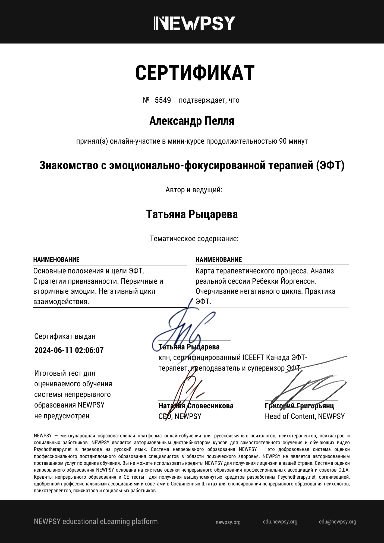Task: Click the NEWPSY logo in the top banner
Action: (195, 23)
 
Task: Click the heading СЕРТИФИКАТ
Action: (195, 73)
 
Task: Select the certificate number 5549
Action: (163, 100)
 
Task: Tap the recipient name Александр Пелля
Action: (192, 121)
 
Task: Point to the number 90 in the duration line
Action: (283, 141)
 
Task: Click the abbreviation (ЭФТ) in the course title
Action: (330, 165)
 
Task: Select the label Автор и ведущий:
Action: (194, 190)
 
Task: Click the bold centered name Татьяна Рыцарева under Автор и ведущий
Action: (192, 214)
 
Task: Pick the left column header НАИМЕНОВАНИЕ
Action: (56, 260)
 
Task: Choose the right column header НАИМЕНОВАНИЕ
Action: (219, 260)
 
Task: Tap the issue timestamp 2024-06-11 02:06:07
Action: (69, 350)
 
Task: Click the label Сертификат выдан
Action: (65, 336)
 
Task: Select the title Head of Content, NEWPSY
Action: (305, 416)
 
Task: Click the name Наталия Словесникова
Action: (196, 406)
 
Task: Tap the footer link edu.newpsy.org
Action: (280, 522)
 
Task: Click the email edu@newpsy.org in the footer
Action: (338, 522)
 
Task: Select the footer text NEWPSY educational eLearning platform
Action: (96, 522)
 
